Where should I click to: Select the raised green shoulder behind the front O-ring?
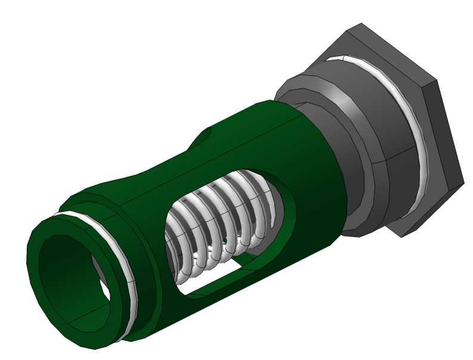(x=143, y=263)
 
